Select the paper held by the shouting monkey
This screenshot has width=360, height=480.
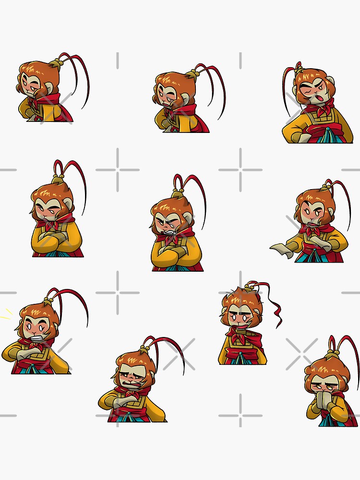point(283,250)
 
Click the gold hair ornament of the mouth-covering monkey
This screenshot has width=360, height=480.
point(331,356)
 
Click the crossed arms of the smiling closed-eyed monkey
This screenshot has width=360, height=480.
point(57,239)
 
